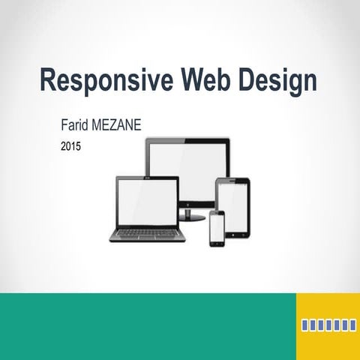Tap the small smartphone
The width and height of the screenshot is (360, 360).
pyautogui.click(x=216, y=228)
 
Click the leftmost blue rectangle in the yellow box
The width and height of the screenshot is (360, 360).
pyautogui.click(x=305, y=325)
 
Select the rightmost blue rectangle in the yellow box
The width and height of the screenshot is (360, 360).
pyautogui.click(x=352, y=325)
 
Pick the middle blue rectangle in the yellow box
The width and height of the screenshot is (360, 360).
pyautogui.click(x=328, y=325)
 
